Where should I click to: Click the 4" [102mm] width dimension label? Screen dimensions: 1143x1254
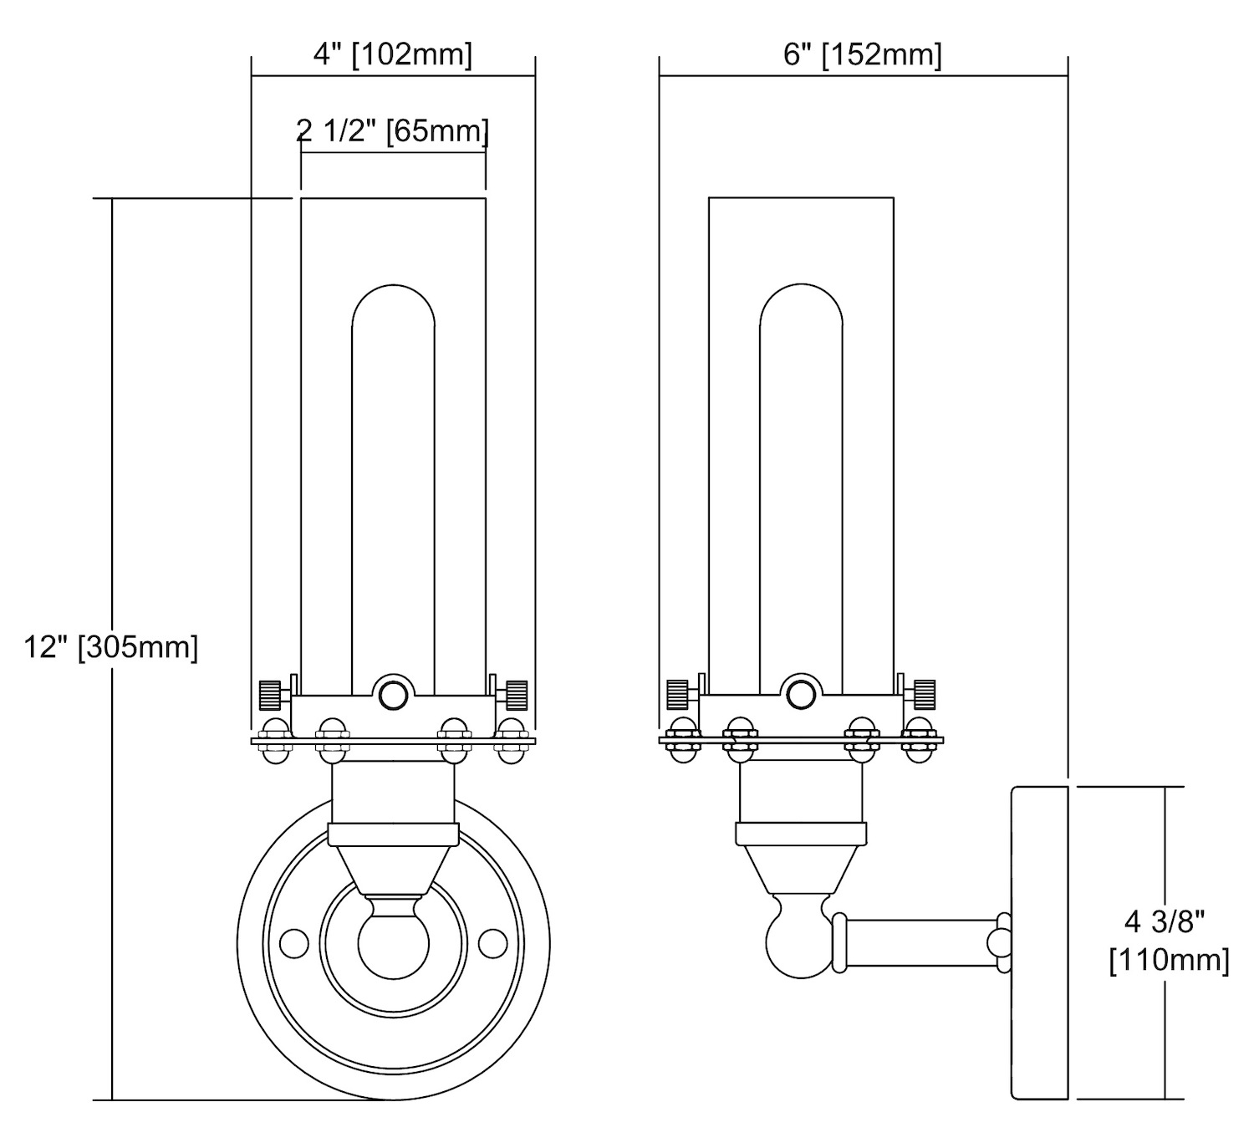(392, 55)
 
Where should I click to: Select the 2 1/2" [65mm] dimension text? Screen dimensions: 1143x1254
(392, 130)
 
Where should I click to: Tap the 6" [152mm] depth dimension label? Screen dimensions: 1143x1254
(862, 55)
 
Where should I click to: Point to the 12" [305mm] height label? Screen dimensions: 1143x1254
(111, 646)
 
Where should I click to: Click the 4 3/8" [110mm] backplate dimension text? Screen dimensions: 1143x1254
(1169, 941)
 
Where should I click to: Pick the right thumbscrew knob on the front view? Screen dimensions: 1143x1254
(516, 694)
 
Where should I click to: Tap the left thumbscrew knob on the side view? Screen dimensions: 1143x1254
(676, 693)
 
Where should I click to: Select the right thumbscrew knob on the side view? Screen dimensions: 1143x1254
(924, 693)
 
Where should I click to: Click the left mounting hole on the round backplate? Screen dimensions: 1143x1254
(293, 943)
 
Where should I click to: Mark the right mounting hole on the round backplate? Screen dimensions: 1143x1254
(492, 943)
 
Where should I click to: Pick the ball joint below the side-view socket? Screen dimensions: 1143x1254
(798, 938)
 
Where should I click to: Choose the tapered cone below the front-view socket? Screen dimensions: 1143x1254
(393, 870)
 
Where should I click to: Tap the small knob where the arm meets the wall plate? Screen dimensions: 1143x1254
(1000, 943)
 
